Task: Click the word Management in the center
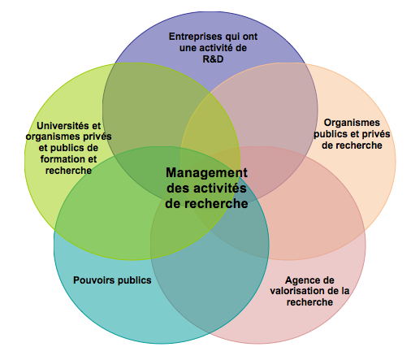206,173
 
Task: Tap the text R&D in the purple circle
213,59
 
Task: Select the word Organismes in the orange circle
352,123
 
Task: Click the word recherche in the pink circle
309,302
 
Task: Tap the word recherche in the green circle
68,171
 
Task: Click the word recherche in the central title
215,204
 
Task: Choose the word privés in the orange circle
377,134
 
